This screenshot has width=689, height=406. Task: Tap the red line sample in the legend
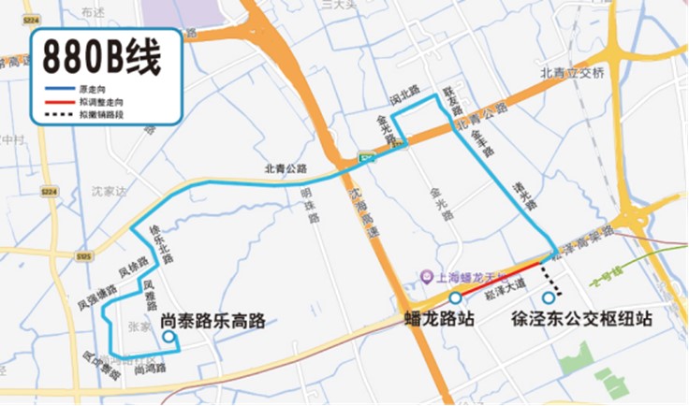[58, 102]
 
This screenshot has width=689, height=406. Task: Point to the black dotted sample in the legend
[58, 114]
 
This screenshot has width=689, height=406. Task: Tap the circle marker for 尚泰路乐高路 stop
[168, 337]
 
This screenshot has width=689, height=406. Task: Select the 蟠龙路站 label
[439, 319]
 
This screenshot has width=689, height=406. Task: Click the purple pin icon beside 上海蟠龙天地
[426, 278]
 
